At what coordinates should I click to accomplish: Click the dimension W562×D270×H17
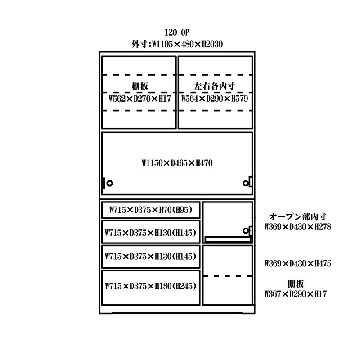point(140,98)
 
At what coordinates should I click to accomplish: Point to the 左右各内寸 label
point(215,86)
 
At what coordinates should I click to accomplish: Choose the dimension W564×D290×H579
point(215,98)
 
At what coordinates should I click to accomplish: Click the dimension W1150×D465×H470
point(177,163)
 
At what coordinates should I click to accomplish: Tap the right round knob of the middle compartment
point(246,183)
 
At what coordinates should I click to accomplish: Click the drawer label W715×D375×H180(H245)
point(150,285)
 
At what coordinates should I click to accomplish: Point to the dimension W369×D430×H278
point(297,227)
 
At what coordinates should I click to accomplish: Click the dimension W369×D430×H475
point(297,263)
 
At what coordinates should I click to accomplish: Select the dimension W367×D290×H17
point(295,294)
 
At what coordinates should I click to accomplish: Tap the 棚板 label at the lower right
point(296,283)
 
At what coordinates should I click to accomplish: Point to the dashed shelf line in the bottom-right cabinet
point(227,276)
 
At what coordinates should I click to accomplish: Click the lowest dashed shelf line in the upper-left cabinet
point(139,110)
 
